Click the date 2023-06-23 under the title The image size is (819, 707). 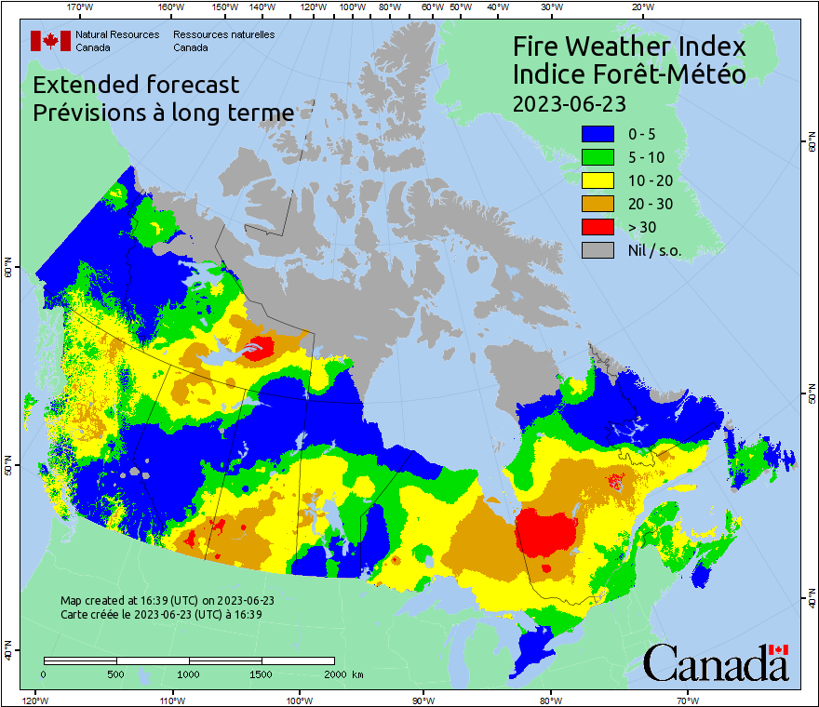point(569,102)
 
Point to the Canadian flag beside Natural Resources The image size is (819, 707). point(50,40)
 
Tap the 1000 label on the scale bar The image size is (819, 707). point(189,674)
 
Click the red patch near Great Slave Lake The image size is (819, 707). point(260,348)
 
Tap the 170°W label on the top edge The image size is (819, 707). point(81,7)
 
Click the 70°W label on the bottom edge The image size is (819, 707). point(687,700)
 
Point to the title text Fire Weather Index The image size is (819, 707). point(629,47)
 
